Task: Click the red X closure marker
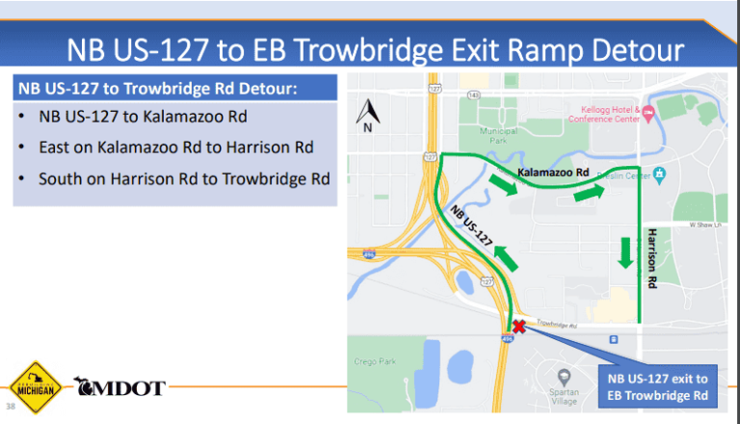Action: (x=518, y=326)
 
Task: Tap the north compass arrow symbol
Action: (x=367, y=115)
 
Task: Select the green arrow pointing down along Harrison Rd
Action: (x=626, y=252)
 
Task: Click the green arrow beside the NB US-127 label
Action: (x=507, y=258)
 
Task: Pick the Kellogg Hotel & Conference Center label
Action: (x=609, y=115)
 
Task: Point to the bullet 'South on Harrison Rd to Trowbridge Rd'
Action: (x=184, y=179)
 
